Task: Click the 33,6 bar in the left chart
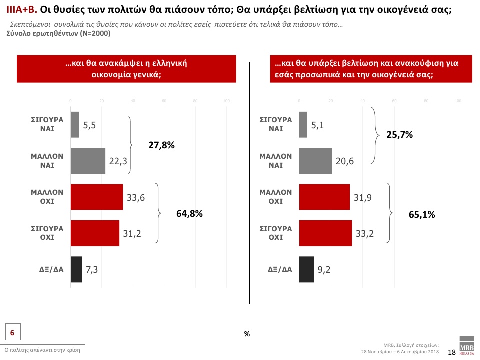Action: pyautogui.click(x=97, y=197)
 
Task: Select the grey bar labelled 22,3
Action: pyautogui.click(x=88, y=161)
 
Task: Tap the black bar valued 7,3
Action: pyautogui.click(x=76, y=269)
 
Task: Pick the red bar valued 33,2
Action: pyautogui.click(x=325, y=233)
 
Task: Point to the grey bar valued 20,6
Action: pyautogui.click(x=315, y=161)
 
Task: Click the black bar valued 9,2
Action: pyautogui.click(x=306, y=269)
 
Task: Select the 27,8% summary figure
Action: pyautogui.click(x=161, y=145)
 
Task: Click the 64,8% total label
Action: pyautogui.click(x=189, y=214)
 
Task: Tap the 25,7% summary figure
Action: pyautogui.click(x=400, y=135)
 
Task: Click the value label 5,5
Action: pyautogui.click(x=90, y=125)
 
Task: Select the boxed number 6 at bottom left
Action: pyautogui.click(x=12, y=332)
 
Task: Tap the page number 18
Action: pyautogui.click(x=451, y=352)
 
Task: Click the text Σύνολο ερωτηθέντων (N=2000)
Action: pyautogui.click(x=58, y=34)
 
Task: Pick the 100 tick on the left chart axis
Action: pyautogui.click(x=226, y=101)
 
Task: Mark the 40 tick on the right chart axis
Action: pyautogui.click(x=362, y=101)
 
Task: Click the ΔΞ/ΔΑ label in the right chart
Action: pyautogui.click(x=280, y=269)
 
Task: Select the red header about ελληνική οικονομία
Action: pyautogui.click(x=126, y=69)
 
